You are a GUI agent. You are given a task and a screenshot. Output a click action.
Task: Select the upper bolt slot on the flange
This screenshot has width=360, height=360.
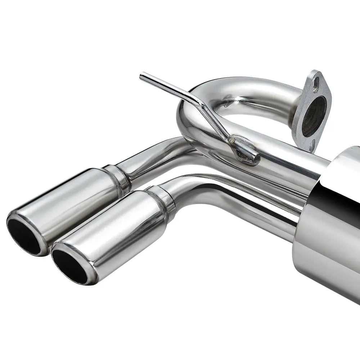coord(316,78)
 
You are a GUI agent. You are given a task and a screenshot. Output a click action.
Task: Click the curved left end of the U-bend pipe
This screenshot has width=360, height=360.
coord(184,119)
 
